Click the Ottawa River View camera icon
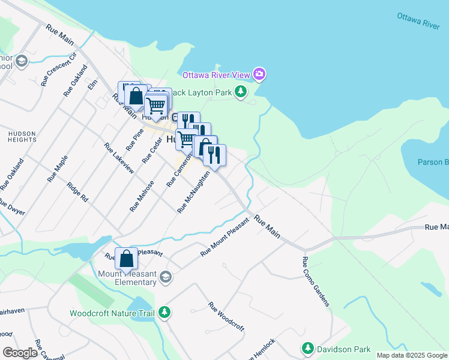coord(259,74)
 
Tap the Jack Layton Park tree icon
coord(241,92)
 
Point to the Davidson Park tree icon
coord(308,349)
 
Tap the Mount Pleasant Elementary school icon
coord(166,277)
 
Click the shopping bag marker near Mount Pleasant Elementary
coord(127,259)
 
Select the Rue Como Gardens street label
coord(316,281)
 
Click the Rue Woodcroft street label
coord(226,316)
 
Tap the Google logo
coord(20,353)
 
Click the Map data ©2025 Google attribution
coord(411,355)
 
